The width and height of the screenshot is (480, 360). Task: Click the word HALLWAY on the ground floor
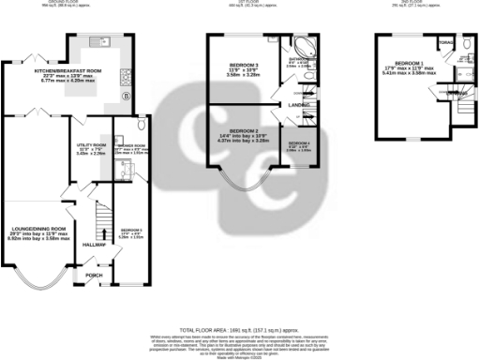(x=95, y=246)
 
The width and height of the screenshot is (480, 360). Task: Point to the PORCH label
(x=95, y=276)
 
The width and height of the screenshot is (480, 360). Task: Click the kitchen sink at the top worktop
(x=100, y=42)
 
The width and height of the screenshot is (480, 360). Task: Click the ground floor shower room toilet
(x=140, y=125)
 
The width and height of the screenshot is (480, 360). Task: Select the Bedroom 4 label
(x=299, y=145)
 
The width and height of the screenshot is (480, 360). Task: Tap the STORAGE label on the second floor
(x=446, y=42)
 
